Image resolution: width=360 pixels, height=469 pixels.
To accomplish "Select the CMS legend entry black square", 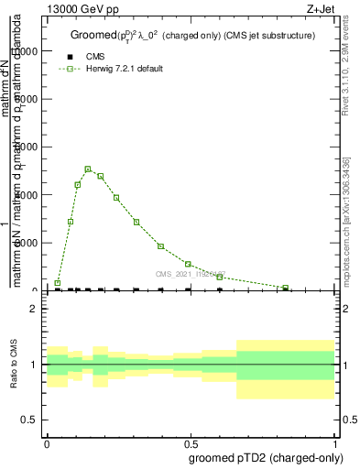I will tap(70, 57).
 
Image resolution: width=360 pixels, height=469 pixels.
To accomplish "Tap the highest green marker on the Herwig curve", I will tap(88, 169).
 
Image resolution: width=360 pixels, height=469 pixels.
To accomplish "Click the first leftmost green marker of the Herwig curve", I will tap(57, 283).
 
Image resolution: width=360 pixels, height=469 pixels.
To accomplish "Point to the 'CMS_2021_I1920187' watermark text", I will tap(190, 274).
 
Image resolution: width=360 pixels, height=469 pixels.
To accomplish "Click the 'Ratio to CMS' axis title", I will tap(14, 364).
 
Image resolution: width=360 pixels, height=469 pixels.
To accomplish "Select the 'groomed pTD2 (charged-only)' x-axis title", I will tap(263, 456).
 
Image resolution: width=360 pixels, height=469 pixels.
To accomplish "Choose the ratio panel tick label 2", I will tap(33, 309).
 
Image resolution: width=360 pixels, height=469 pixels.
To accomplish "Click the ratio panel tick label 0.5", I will tap(28, 420).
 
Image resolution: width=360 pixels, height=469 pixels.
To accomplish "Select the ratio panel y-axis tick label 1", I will tap(33, 365).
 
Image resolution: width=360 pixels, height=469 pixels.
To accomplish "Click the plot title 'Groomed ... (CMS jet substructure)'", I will tap(192, 36).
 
